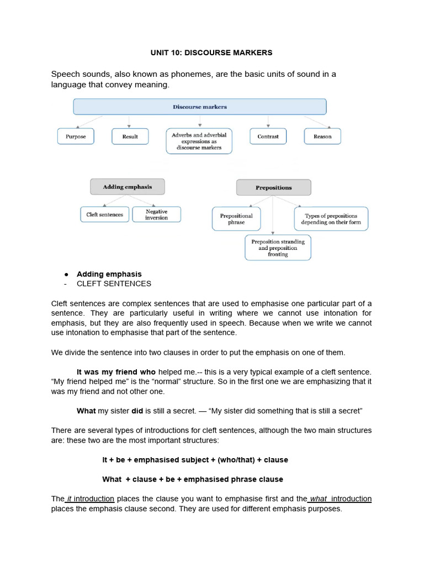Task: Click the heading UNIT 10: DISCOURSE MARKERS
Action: pyautogui.click(x=211, y=53)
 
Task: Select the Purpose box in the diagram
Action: pyautogui.click(x=76, y=137)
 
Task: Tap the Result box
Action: pyautogui.click(x=130, y=137)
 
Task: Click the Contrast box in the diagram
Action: pyautogui.click(x=268, y=137)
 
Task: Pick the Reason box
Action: pyautogui.click(x=322, y=137)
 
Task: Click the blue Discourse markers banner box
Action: pyautogui.click(x=199, y=107)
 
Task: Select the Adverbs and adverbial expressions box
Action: pyautogui.click(x=199, y=141)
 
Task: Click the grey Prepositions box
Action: pyautogui.click(x=273, y=188)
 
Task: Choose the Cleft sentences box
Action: pyautogui.click(x=105, y=214)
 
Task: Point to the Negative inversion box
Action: pyautogui.click(x=156, y=214)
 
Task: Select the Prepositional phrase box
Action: pyautogui.click(x=236, y=219)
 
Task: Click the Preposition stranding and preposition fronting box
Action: pyautogui.click(x=278, y=248)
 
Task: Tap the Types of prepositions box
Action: pyautogui.click(x=331, y=219)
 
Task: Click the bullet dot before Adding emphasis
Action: pyautogui.click(x=66, y=274)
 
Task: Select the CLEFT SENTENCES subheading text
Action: pyautogui.click(x=114, y=284)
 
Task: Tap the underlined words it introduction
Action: pyautogui.click(x=91, y=499)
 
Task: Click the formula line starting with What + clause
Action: pyautogui.click(x=193, y=479)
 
